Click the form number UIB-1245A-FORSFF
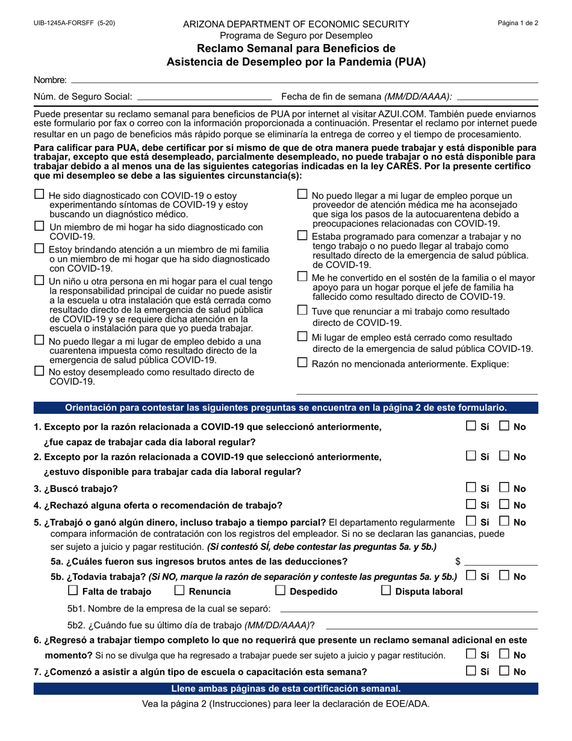click(x=65, y=23)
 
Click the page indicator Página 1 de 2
click(x=518, y=23)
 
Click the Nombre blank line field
click(x=304, y=80)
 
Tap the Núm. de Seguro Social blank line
click(x=205, y=96)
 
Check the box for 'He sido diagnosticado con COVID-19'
click(x=40, y=195)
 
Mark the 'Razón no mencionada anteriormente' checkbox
click(x=303, y=363)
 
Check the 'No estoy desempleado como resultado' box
click(x=40, y=371)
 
